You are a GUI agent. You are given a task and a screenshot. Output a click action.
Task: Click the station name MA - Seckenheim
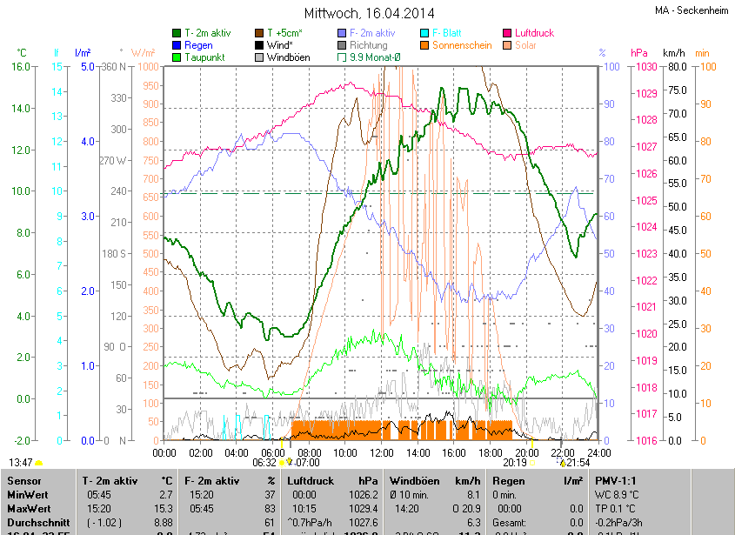(x=692, y=10)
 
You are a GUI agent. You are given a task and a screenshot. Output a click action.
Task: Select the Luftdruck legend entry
(x=534, y=33)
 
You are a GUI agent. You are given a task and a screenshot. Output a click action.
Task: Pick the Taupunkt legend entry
(x=204, y=57)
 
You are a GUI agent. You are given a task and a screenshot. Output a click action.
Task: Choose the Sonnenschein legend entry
(x=467, y=45)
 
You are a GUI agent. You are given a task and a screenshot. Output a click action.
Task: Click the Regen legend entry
(x=198, y=45)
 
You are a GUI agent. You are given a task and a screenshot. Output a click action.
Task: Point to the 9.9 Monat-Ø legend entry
(x=374, y=57)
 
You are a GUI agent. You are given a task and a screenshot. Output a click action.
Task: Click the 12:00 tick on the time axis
(x=381, y=452)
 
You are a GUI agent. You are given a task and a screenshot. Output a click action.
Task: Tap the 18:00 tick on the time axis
(x=490, y=452)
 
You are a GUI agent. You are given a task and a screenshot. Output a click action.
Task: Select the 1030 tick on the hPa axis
(x=645, y=67)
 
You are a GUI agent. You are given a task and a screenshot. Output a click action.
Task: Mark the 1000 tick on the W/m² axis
(x=148, y=67)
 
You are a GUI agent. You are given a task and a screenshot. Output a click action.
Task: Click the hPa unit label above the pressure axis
(x=639, y=53)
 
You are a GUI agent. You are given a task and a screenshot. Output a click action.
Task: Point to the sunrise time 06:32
(x=264, y=463)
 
